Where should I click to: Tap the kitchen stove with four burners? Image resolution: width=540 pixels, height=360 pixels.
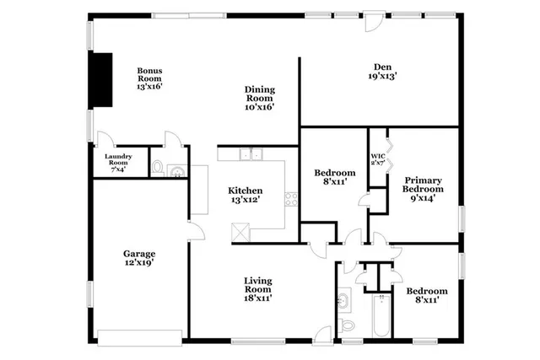point(292,200)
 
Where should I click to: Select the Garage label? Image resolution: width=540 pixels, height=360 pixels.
point(139,254)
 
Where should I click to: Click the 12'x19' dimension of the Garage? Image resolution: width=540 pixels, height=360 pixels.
point(139,263)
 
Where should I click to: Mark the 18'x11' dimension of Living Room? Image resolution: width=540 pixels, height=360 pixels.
point(257,297)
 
